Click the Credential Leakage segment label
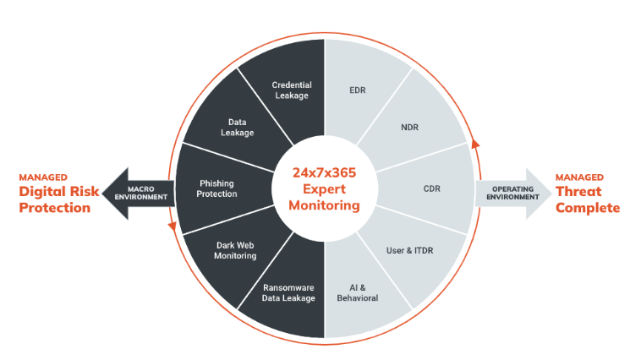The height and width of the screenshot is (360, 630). (292, 90)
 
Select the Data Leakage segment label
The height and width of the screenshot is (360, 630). (237, 127)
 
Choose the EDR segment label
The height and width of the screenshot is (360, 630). (358, 89)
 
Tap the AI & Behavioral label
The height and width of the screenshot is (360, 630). (359, 292)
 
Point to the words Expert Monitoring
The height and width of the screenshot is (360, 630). (325, 198)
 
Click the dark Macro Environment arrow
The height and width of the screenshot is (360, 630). (148, 192)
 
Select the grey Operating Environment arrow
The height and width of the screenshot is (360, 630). (507, 192)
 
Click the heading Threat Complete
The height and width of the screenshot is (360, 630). (587, 199)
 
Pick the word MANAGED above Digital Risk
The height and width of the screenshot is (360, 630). (43, 177)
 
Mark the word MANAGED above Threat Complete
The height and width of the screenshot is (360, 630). (579, 177)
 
